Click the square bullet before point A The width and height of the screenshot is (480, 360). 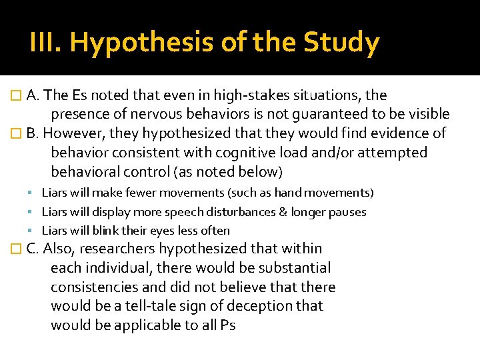tap(18, 96)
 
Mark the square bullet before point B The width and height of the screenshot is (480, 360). tap(18, 134)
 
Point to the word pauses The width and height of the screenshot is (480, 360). tap(348, 212)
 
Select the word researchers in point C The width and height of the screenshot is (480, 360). tap(117, 249)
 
